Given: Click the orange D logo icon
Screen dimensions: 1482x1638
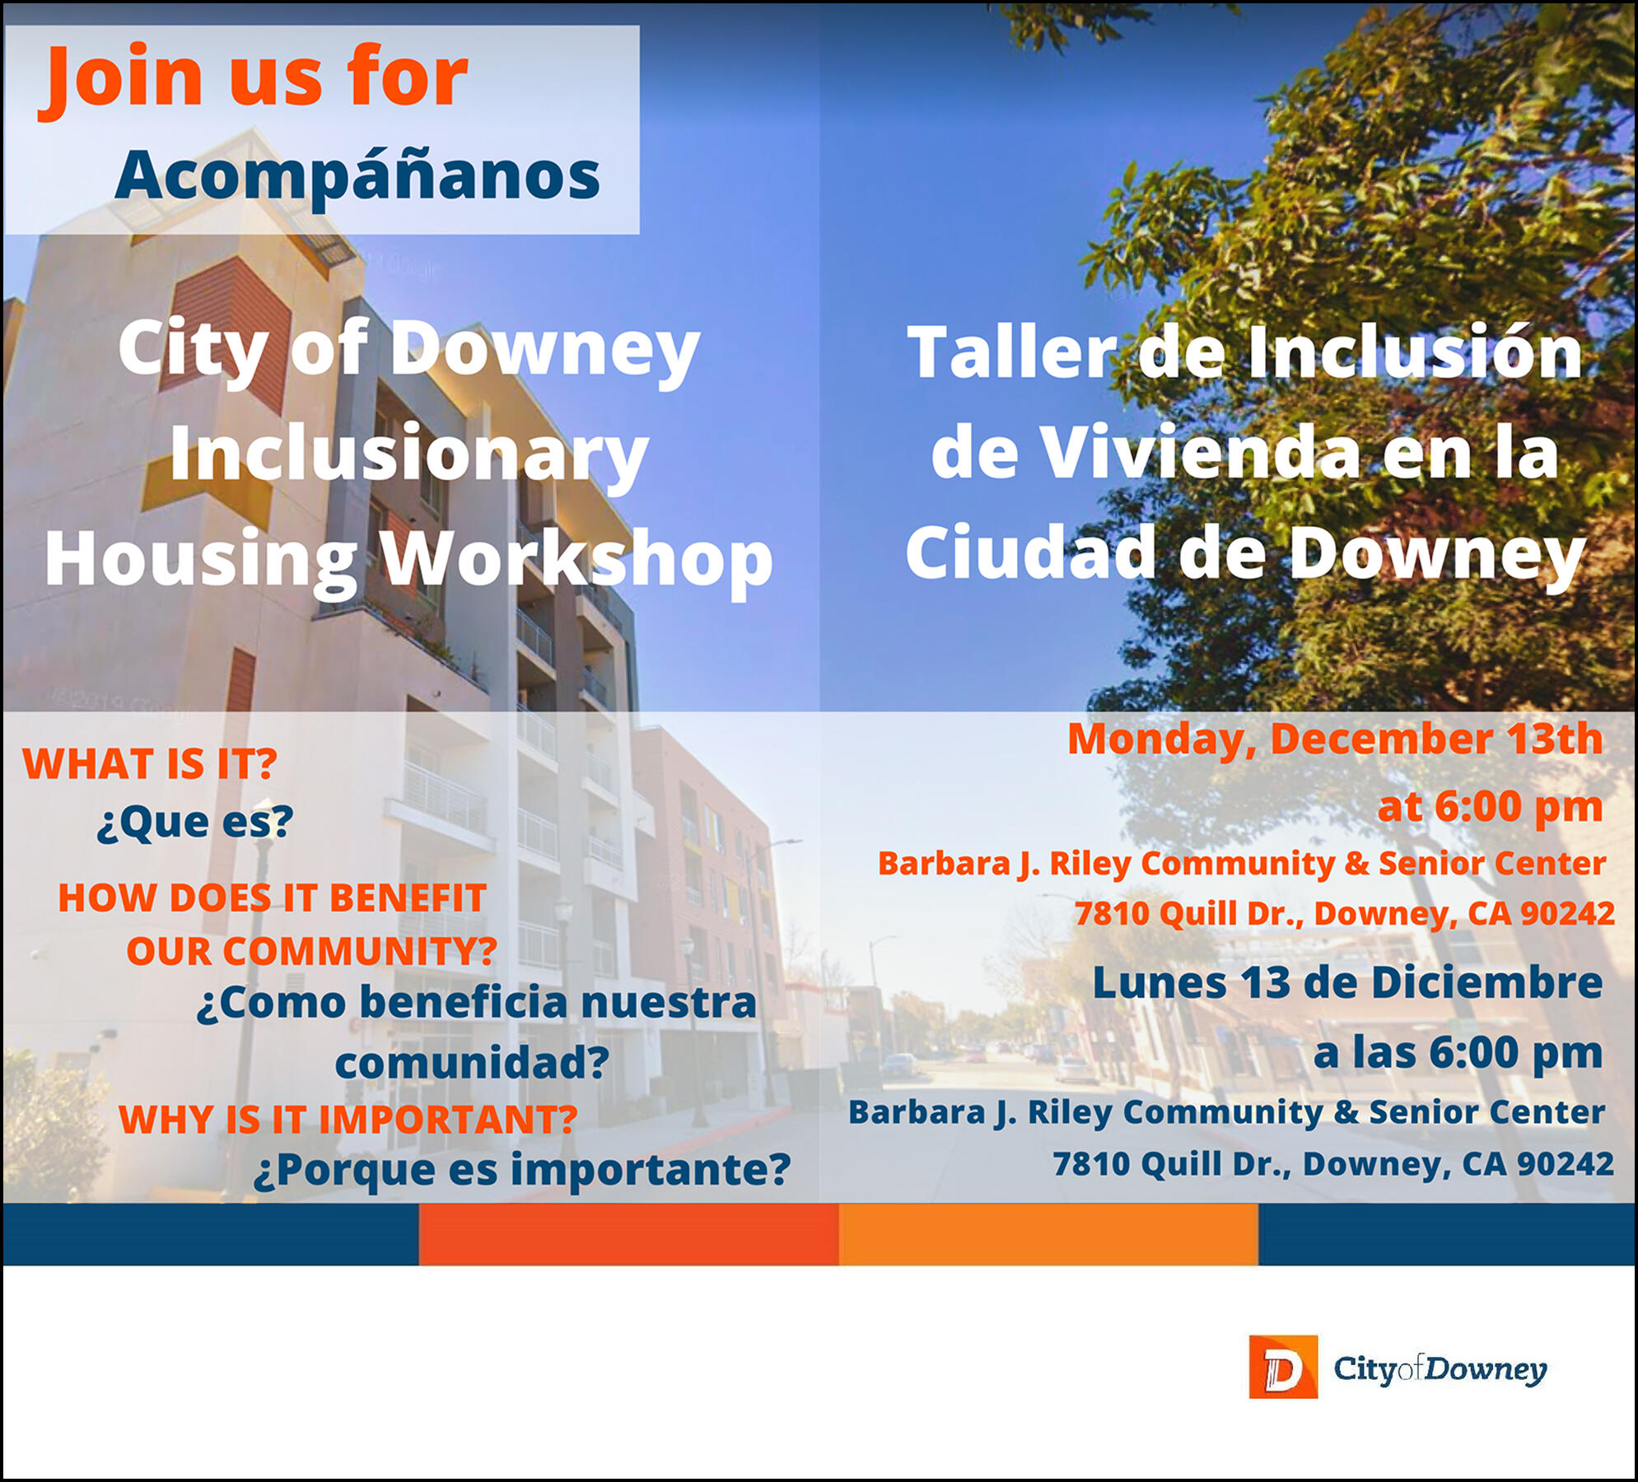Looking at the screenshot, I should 1282,1367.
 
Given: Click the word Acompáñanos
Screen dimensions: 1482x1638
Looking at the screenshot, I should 357,175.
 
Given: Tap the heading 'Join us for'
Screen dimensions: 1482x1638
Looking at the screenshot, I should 254,78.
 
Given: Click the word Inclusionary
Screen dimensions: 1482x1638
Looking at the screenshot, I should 409,454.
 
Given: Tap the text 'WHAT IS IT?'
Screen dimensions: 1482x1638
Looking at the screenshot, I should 149,764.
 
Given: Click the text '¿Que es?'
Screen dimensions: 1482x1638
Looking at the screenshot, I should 194,822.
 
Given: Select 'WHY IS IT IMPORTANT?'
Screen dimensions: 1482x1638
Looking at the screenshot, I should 348,1120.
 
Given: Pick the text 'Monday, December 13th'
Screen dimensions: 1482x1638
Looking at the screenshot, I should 1334,739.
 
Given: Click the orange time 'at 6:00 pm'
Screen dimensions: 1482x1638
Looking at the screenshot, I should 1490,807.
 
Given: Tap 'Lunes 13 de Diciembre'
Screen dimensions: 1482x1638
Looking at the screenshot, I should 1346,983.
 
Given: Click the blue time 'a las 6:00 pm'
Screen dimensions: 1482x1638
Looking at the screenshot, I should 1457,1052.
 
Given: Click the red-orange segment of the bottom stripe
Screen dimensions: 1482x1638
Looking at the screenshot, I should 628,1233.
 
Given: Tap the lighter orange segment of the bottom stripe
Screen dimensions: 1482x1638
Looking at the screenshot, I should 1048,1233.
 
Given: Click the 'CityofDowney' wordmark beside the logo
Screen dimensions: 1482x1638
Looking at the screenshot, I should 1440,1368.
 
